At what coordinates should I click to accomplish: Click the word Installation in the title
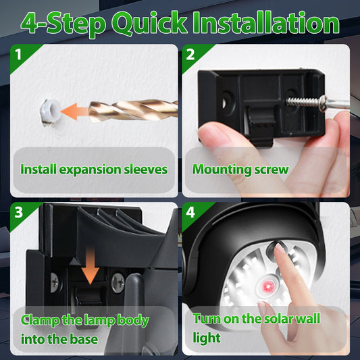(x=265, y=23)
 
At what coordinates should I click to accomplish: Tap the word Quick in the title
(x=149, y=23)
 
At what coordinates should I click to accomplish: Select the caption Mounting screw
(x=240, y=169)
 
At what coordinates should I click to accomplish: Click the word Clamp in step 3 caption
(x=38, y=319)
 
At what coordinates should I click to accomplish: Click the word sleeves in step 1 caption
(x=145, y=169)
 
